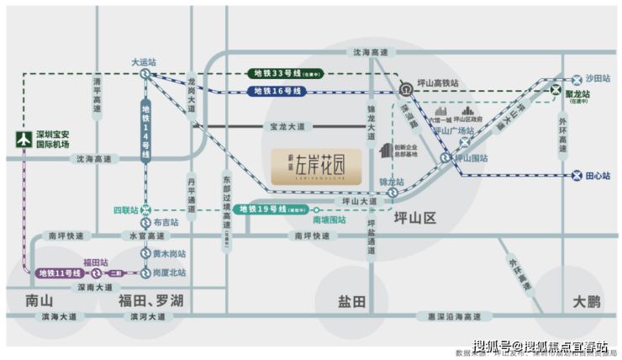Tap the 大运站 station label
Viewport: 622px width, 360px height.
144,61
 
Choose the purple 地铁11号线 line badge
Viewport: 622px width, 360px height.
60,273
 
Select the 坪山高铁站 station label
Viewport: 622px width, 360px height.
438,84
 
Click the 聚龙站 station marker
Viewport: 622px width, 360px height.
556,90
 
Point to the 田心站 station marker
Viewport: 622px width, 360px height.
577,176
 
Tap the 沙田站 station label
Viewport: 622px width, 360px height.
598,77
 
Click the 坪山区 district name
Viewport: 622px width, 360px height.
415,218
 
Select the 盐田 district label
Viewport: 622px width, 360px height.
351,300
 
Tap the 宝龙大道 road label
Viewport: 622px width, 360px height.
290,126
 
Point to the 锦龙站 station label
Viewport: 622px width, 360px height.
392,182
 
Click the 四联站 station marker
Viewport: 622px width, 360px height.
146,209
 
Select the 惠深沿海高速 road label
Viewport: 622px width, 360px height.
455,317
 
